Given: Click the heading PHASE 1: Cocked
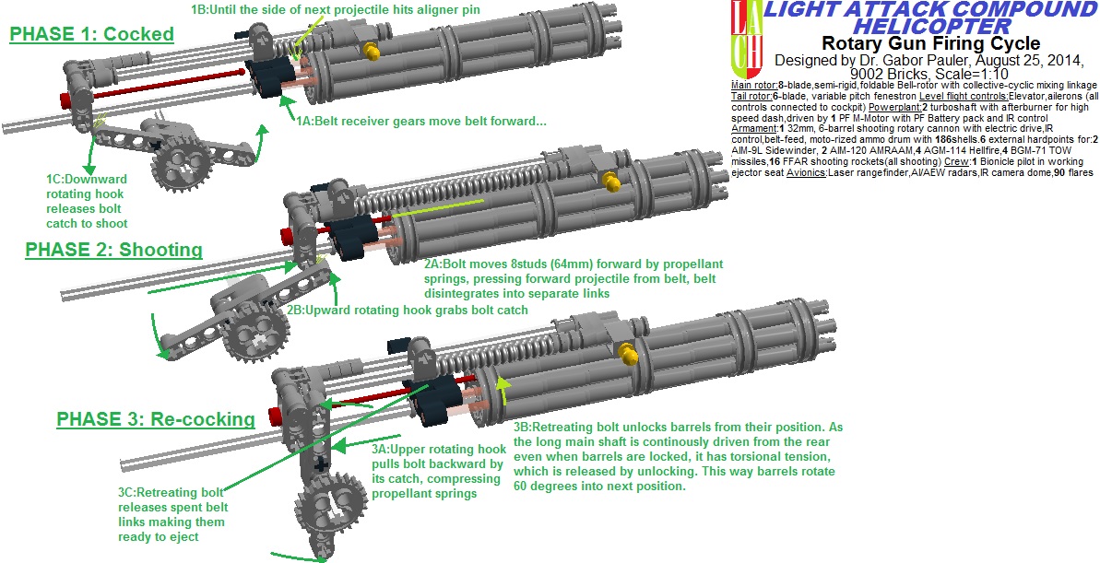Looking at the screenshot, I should coord(91,34).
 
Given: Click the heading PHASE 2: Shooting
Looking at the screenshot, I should coord(113,250).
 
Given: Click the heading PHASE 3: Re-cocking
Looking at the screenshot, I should coord(155,419).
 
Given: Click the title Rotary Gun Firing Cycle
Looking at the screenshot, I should coord(930,43).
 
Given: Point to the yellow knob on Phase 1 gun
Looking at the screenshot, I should coord(373,53).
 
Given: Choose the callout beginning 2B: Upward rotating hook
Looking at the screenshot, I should coord(407,310).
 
